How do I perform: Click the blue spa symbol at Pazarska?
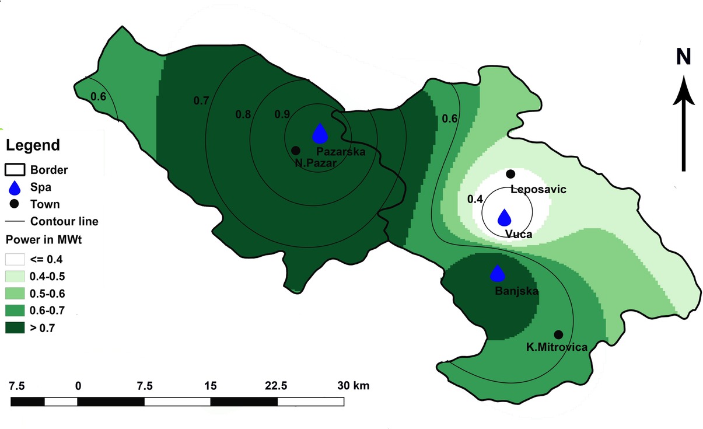(x=320, y=134)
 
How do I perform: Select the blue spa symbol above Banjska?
(x=497, y=273)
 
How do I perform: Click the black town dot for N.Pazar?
(x=296, y=151)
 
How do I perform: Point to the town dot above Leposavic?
(x=510, y=173)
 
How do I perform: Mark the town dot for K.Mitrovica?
(x=558, y=334)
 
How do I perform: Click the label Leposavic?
(x=538, y=189)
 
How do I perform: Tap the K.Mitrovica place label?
(x=557, y=347)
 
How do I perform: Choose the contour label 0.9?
(x=282, y=114)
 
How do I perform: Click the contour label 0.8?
(x=243, y=114)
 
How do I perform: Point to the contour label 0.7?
(x=201, y=100)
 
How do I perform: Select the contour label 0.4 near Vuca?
(x=475, y=199)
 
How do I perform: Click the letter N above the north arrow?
(x=683, y=57)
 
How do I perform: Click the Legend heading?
(x=33, y=145)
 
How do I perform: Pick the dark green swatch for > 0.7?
(x=15, y=327)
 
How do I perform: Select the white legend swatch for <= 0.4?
(x=15, y=259)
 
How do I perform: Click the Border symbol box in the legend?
(x=15, y=170)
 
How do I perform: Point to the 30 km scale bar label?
(x=353, y=386)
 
